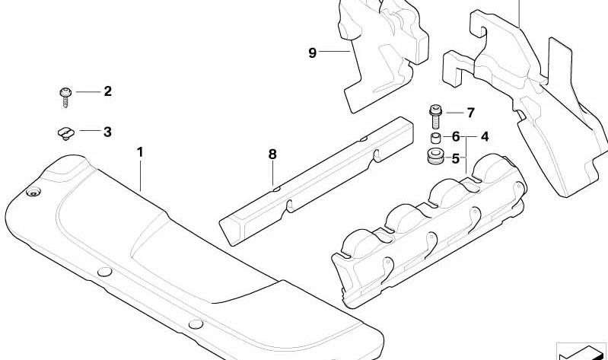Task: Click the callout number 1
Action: pyautogui.click(x=140, y=152)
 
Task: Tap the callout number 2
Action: pyautogui.click(x=108, y=91)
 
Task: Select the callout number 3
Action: pyautogui.click(x=107, y=132)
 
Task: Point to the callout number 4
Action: pyautogui.click(x=485, y=136)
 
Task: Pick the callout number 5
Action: pyautogui.click(x=456, y=158)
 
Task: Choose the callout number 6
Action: pyautogui.click(x=456, y=136)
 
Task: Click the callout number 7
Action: pyautogui.click(x=470, y=113)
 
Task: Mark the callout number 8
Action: pyautogui.click(x=272, y=154)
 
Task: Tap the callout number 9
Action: pyautogui.click(x=313, y=53)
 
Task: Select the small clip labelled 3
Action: pyautogui.click(x=66, y=133)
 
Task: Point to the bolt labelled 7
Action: pyautogui.click(x=435, y=116)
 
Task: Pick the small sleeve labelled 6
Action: pyautogui.click(x=435, y=138)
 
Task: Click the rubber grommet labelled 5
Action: pyautogui.click(x=435, y=155)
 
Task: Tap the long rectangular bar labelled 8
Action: pyautogui.click(x=316, y=181)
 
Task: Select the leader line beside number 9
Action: pyautogui.click(x=335, y=51)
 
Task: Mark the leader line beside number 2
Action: pyautogui.click(x=88, y=92)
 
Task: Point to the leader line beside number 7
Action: pyautogui.click(x=454, y=113)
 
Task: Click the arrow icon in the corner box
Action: pyautogui.click(x=581, y=352)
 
